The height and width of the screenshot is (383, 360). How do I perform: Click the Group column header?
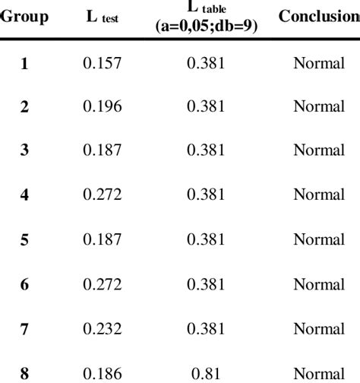click(x=24, y=16)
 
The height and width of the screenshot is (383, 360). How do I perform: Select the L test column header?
click(x=103, y=17)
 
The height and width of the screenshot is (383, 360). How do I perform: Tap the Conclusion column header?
click(x=318, y=16)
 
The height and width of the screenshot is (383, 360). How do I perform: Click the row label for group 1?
click(x=24, y=63)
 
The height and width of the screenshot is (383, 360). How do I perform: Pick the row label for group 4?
click(x=24, y=195)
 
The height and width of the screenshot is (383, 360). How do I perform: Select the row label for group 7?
click(x=24, y=328)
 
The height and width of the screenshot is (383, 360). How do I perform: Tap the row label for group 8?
click(x=24, y=372)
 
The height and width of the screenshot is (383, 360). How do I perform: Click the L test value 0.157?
click(x=102, y=63)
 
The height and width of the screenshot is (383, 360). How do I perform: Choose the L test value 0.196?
click(x=102, y=107)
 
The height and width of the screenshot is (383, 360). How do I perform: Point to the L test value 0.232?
click(x=102, y=328)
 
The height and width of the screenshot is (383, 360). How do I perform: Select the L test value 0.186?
click(x=102, y=372)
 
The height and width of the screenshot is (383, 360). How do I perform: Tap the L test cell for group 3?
click(x=102, y=151)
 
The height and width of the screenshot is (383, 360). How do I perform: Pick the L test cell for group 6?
click(x=102, y=284)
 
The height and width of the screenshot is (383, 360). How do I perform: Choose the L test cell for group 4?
click(x=102, y=195)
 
